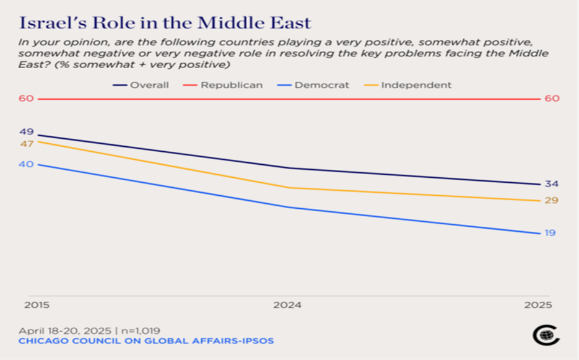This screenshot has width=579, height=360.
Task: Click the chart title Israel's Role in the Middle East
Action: click(x=165, y=23)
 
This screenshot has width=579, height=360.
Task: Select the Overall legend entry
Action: click(x=149, y=85)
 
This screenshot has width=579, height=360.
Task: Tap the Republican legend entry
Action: click(x=231, y=85)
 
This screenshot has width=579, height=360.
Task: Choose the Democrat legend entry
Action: click(x=322, y=85)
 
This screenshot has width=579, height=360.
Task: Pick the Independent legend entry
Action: click(x=416, y=85)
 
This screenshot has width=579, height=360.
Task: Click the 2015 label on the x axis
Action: click(x=37, y=305)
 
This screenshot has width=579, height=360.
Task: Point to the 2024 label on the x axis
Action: click(x=288, y=305)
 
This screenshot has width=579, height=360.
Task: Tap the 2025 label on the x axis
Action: click(x=538, y=305)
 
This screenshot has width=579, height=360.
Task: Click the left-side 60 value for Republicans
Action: click(x=27, y=99)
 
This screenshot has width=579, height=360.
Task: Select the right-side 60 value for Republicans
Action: click(x=552, y=99)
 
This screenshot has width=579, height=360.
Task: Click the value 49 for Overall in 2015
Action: click(x=27, y=131)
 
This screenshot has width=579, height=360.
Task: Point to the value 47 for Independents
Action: click(x=27, y=144)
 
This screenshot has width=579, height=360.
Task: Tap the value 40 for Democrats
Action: click(x=27, y=164)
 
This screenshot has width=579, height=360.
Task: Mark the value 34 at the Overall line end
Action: click(x=551, y=184)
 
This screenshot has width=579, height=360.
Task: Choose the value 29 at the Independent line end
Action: click(x=551, y=200)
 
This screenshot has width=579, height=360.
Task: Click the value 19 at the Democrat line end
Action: click(x=550, y=233)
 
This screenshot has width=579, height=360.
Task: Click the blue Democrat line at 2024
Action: click(x=288, y=207)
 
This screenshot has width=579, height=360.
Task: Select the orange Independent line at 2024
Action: click(x=288, y=188)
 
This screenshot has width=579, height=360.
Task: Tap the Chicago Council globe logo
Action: click(x=546, y=335)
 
